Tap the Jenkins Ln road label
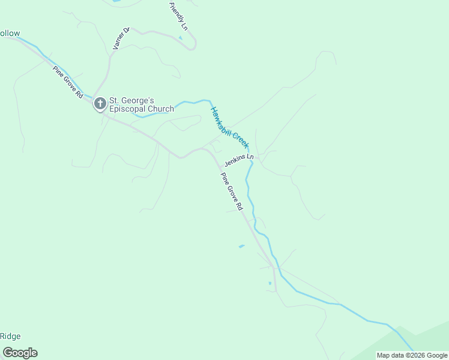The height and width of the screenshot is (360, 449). tap(239, 160)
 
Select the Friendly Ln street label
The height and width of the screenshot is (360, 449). tap(179, 16)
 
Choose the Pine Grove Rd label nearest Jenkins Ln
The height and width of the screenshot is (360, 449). tap(231, 191)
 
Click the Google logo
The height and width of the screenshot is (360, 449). tap(20, 353)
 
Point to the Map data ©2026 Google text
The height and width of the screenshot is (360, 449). tap(412, 355)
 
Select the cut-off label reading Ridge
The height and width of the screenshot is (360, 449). tap(10, 336)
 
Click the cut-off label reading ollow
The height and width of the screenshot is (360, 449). tap(10, 33)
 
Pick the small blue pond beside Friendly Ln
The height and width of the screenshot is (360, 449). tap(180, 38)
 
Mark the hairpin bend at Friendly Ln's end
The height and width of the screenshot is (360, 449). tap(194, 46)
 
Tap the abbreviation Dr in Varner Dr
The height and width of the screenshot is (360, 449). tap(126, 30)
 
